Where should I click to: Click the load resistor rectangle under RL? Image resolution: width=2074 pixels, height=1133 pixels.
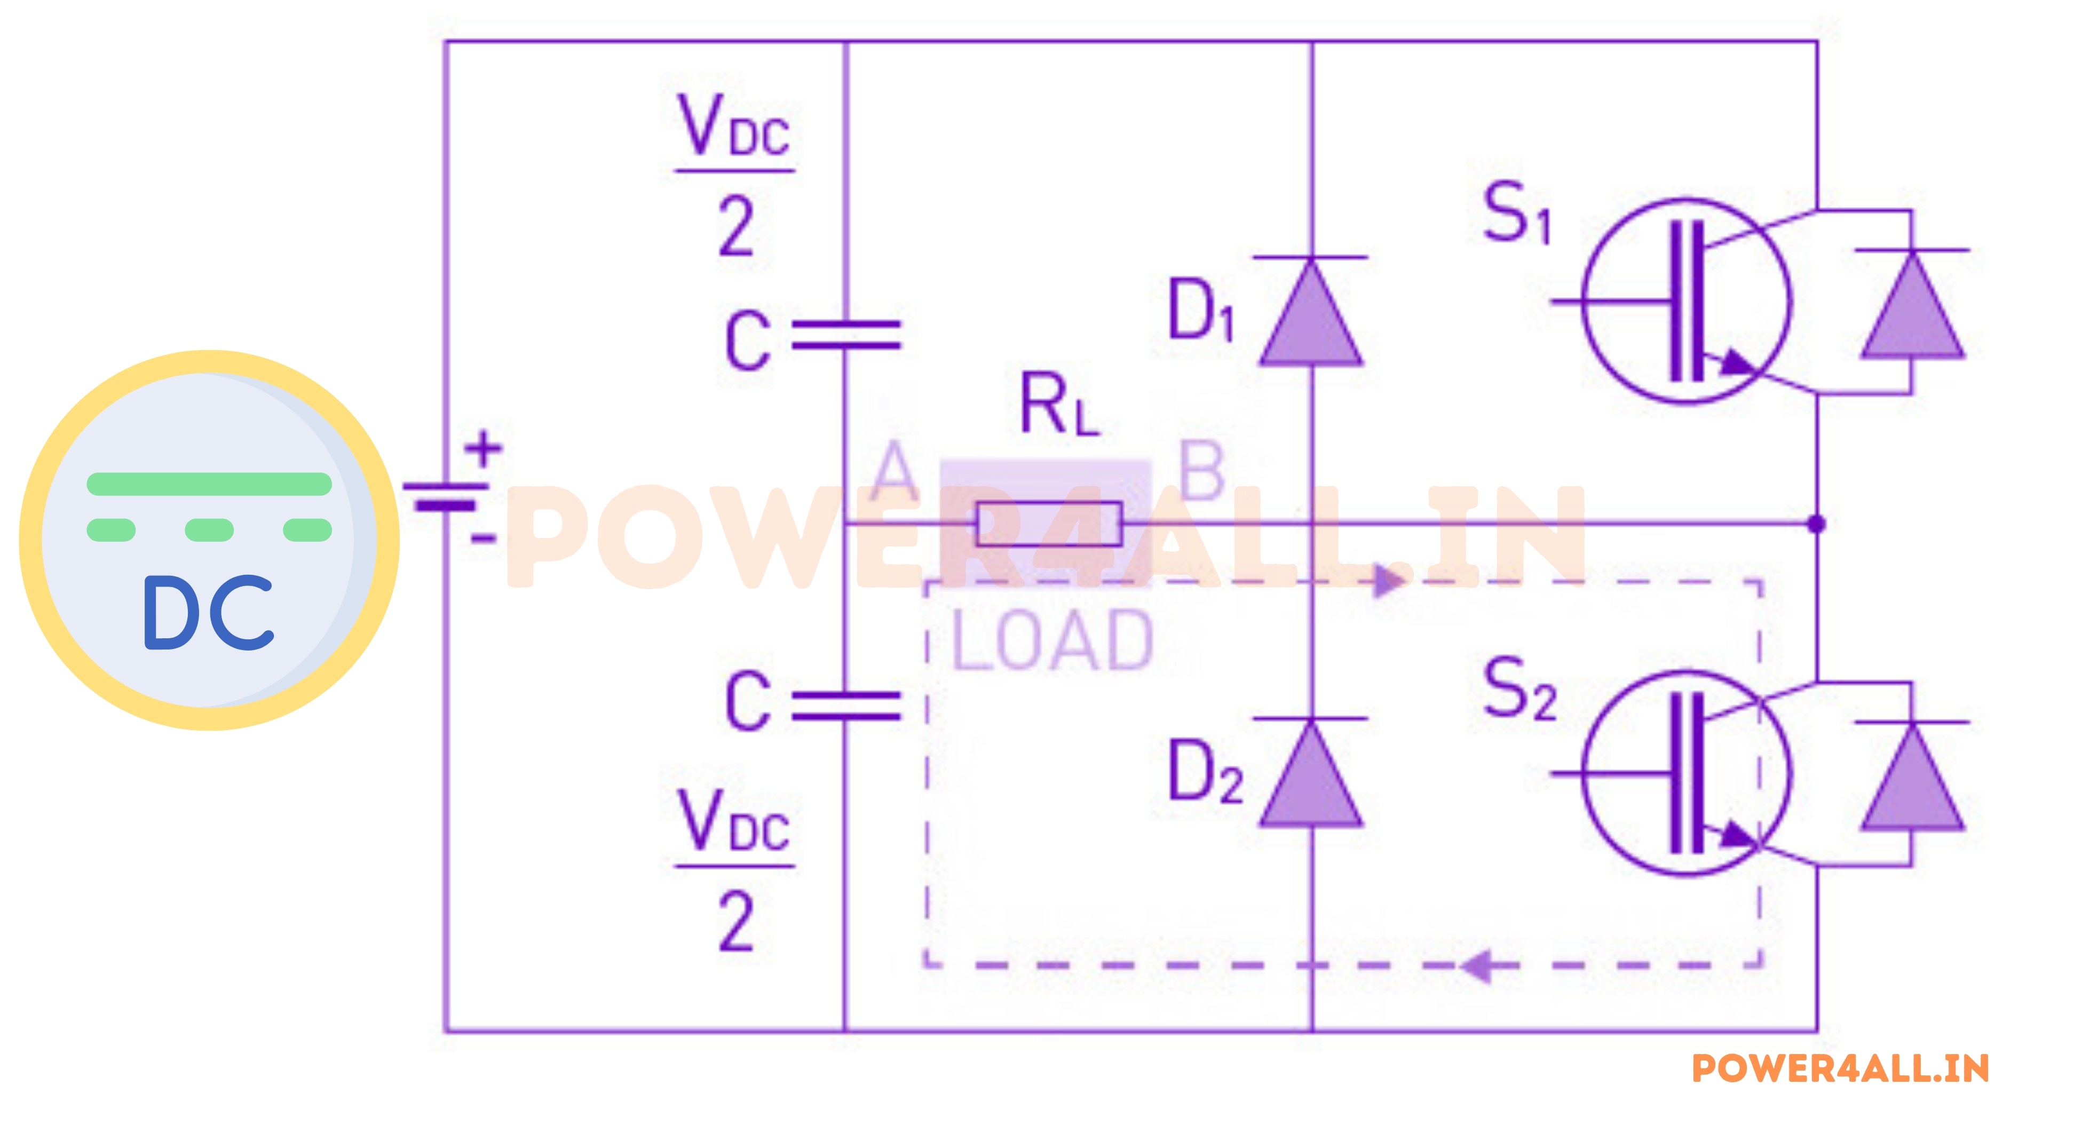click(1048, 524)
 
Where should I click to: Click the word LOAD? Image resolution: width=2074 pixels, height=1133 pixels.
click(1053, 640)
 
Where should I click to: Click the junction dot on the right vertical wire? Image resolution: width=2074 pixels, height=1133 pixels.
click(1816, 524)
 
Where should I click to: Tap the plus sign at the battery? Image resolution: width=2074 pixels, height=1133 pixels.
click(484, 448)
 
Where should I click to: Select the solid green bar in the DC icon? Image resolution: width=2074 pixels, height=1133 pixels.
click(209, 484)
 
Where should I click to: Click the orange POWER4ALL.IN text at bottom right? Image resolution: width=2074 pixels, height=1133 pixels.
click(1840, 1068)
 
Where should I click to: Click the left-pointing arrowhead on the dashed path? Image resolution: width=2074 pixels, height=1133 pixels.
click(1478, 965)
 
